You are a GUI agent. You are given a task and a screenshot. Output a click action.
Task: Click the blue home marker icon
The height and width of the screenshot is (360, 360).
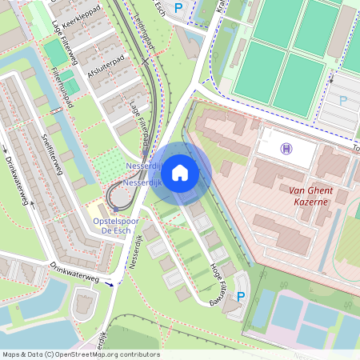(180, 172)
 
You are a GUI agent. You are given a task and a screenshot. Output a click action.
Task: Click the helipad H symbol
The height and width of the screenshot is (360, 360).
(286, 148)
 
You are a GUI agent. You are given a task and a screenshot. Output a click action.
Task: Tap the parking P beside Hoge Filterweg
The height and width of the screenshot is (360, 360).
(239, 297)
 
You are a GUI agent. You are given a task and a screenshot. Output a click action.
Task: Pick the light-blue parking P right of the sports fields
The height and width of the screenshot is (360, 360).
(344, 101)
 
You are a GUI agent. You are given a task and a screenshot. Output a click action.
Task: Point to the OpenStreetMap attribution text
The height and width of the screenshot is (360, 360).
(81, 354)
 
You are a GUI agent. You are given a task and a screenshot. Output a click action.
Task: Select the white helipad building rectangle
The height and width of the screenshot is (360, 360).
(286, 147)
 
